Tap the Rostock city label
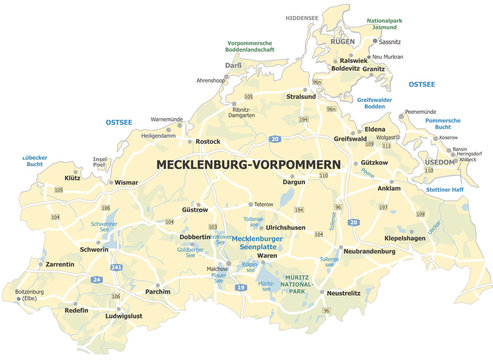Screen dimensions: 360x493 [x=208, y=142]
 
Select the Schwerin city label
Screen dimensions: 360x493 [x=95, y=249]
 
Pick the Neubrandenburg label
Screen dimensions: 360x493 [x=369, y=251]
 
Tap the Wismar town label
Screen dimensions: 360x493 [x=127, y=184]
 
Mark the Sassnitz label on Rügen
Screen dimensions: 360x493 [x=389, y=43]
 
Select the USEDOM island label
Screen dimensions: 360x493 [x=440, y=162]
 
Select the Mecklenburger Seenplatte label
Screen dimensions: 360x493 [x=254, y=242]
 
